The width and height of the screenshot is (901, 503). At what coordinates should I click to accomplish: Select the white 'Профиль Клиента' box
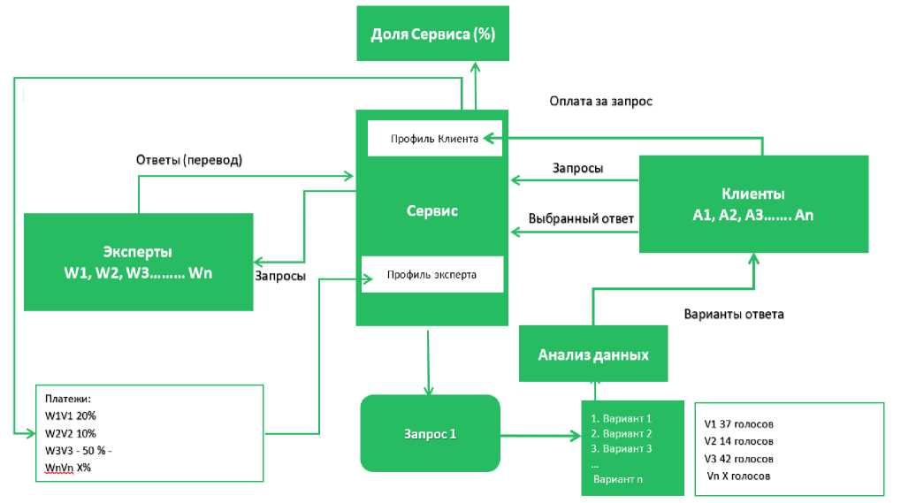(434, 139)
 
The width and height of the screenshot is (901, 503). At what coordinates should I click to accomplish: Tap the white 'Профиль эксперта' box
(431, 275)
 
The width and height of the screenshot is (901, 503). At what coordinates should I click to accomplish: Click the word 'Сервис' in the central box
(431, 212)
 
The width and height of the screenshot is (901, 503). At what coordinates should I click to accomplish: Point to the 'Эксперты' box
(138, 262)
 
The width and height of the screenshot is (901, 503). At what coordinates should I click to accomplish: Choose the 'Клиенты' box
(752, 204)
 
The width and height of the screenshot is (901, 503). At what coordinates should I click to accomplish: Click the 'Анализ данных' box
(592, 355)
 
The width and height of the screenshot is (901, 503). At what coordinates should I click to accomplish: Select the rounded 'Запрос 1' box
(430, 433)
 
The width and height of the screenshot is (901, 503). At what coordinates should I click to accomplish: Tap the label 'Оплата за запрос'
(600, 102)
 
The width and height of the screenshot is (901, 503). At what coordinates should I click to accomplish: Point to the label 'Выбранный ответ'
(581, 218)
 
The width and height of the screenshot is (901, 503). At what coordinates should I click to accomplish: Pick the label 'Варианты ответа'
(734, 314)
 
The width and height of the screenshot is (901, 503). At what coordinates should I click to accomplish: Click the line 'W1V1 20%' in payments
(71, 415)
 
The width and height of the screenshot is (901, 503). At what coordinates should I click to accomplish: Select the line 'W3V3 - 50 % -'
(78, 450)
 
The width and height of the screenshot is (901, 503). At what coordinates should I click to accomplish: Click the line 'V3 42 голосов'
(738, 459)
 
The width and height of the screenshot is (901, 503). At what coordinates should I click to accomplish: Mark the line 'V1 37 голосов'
(738, 423)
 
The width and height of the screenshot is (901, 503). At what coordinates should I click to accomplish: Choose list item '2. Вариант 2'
(621, 433)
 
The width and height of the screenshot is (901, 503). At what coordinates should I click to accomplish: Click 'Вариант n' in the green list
(618, 479)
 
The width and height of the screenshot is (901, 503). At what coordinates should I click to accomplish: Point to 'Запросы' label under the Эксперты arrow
(280, 276)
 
